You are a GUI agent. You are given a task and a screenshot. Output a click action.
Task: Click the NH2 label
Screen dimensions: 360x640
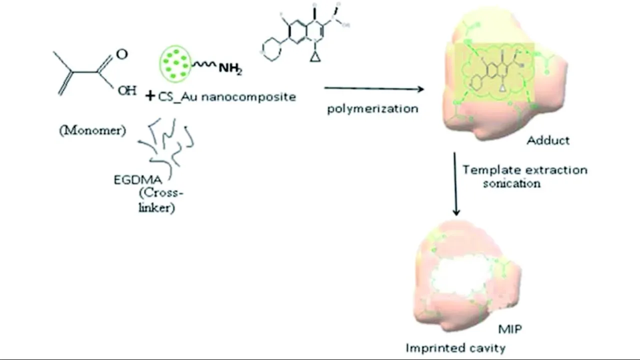[x=230, y=68]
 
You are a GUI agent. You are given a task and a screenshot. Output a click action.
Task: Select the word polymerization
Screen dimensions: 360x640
[x=372, y=108]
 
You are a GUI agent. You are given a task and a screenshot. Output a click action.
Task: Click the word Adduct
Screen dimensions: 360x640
[x=548, y=140]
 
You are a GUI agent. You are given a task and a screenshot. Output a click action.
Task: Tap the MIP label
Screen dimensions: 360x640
[x=510, y=328]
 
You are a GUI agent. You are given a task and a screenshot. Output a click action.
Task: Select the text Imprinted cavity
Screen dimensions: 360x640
[x=455, y=347]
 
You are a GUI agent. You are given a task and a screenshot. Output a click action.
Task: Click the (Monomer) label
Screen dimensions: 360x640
[x=92, y=131]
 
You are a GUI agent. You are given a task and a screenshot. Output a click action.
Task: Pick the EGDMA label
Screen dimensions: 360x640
[x=138, y=180]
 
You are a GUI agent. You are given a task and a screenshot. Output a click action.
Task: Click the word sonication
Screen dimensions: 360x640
[x=511, y=183]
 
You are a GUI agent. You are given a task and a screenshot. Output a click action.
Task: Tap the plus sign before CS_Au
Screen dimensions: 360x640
[x=150, y=96]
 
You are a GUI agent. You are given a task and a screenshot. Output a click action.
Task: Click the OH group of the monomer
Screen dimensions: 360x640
[x=126, y=91]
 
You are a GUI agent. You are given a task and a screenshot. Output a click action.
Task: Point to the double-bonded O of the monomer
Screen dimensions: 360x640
[x=121, y=54]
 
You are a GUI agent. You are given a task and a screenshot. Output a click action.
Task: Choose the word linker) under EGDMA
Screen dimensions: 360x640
[x=156, y=207]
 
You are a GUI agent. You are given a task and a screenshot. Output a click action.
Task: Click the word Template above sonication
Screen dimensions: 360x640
[x=489, y=170]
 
